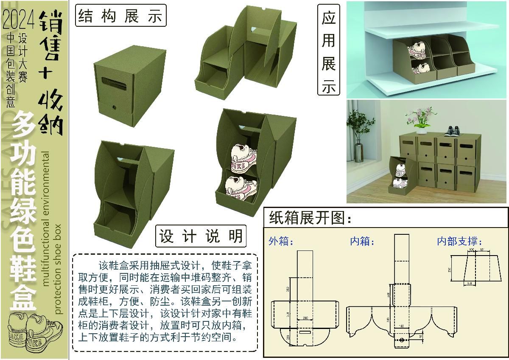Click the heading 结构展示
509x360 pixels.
click(x=120, y=16)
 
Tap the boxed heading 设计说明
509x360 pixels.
click(x=201, y=236)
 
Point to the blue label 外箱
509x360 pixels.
click(x=281, y=242)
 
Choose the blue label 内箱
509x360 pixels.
click(x=362, y=242)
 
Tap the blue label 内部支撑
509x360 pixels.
click(x=460, y=242)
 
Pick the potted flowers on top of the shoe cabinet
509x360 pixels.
click(x=420, y=117)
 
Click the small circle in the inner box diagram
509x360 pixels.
click(x=401, y=340)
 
